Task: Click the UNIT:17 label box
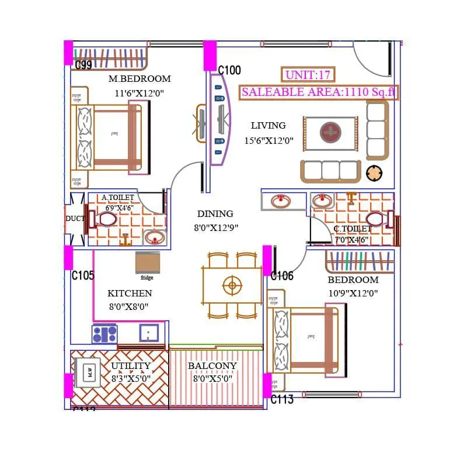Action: point(308,75)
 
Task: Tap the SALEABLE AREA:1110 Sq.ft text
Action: point(319,92)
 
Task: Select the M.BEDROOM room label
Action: point(140,79)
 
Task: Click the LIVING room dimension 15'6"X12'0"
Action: point(269,141)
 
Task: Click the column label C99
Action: point(83,65)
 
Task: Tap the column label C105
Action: point(82,275)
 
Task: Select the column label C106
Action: point(282,276)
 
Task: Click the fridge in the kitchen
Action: point(147,263)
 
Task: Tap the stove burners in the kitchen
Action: point(104,334)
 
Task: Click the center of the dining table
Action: point(232,285)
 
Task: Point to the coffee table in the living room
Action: point(330,133)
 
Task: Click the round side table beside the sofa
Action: point(374,173)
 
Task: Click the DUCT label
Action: point(75,219)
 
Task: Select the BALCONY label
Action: point(212,366)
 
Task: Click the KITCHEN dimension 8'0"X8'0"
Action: point(128,306)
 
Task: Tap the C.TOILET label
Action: point(353,229)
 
